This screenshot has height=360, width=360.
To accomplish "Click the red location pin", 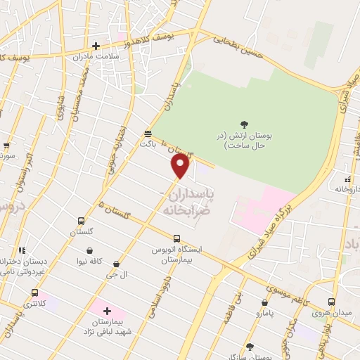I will point(181,166).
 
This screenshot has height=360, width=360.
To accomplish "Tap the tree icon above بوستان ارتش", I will point(243,124).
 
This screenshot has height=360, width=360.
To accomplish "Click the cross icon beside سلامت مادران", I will point(96,46).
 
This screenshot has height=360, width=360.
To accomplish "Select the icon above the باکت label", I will point(148,133).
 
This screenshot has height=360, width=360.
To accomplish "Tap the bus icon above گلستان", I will point(82,221).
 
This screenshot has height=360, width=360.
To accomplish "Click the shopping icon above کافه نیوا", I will point(90,250).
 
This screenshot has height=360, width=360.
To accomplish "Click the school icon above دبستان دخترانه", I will point(22,250).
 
